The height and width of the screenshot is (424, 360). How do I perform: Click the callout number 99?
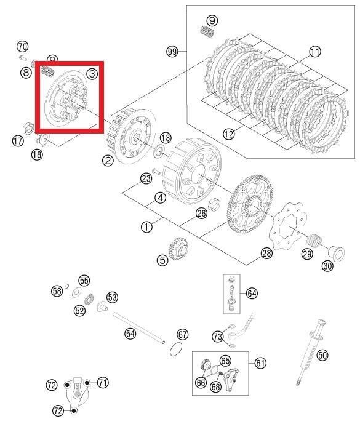pyautogui.click(x=172, y=52)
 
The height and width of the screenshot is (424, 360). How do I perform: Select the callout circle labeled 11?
pyautogui.click(x=314, y=52)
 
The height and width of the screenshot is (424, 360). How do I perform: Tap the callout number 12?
pyautogui.click(x=229, y=134)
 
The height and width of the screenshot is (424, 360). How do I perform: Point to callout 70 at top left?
pyautogui.click(x=23, y=47)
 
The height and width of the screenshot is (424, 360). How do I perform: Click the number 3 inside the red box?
pyautogui.click(x=92, y=74)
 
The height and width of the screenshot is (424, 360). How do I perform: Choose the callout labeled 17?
pyautogui.click(x=18, y=141)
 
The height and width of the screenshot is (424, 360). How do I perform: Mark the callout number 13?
pyautogui.click(x=166, y=137)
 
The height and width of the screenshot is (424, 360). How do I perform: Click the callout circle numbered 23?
pyautogui.click(x=146, y=178)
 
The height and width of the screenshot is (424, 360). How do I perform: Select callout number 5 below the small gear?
pyautogui.click(x=162, y=260)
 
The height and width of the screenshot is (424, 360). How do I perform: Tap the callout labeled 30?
pyautogui.click(x=326, y=265)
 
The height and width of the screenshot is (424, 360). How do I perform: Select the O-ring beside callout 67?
pyautogui.click(x=176, y=350)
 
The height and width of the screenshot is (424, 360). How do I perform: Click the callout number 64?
pyautogui.click(x=252, y=293)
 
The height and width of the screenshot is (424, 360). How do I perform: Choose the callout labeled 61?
pyautogui.click(x=260, y=363)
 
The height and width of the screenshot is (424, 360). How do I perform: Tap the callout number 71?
pyautogui.click(x=103, y=383)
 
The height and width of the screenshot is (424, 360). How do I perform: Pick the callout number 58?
pyautogui.click(x=57, y=290)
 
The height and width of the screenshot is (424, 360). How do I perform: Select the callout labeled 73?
pyautogui.click(x=218, y=337)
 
